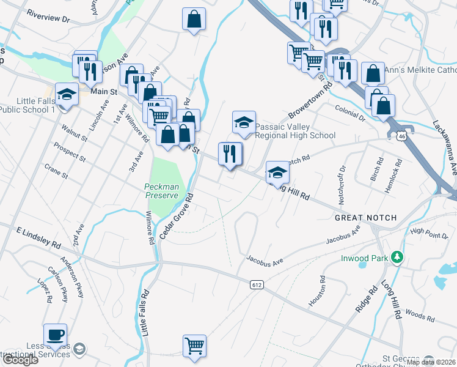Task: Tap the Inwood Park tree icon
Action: coord(398,256)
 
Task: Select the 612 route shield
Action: coord(257,284)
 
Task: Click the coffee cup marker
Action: coord(55,334)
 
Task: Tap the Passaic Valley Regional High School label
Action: coord(295,132)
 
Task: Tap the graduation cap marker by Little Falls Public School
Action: coord(67,95)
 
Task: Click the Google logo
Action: coord(20,360)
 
